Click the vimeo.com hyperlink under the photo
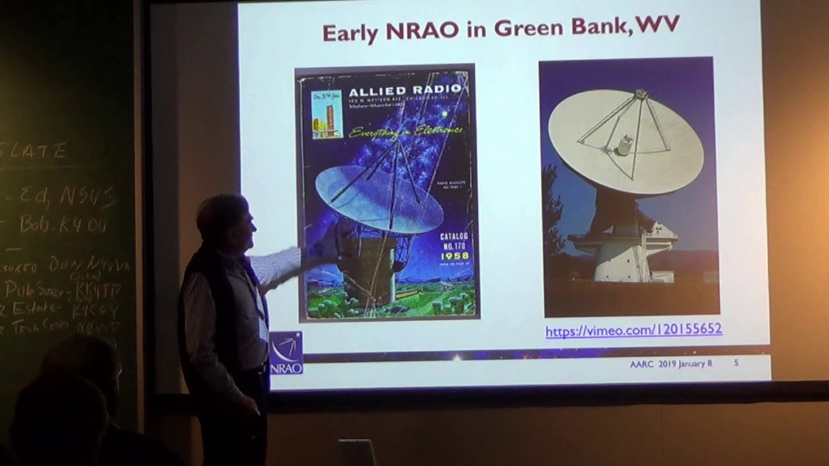633,330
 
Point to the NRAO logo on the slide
286,353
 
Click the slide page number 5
736,364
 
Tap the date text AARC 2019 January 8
670,364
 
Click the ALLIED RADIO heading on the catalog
406,90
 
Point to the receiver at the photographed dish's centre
623,146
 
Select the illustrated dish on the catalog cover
379,197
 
